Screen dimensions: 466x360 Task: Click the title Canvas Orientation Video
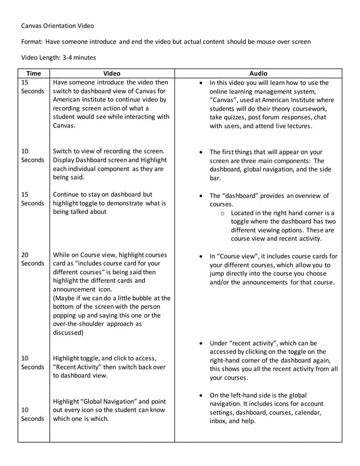(58, 25)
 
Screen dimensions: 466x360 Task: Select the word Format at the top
(32, 42)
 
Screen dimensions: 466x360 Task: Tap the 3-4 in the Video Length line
(72, 58)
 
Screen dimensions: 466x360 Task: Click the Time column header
(33, 73)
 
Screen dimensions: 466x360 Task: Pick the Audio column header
(258, 73)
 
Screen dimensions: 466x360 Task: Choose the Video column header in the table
(112, 73)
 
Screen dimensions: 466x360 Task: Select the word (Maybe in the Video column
(67, 298)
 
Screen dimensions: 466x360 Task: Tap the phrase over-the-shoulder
(80, 324)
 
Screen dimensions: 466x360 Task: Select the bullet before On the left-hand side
(202, 395)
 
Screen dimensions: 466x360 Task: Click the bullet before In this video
(202, 82)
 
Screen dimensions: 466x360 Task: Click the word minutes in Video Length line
(90, 58)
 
